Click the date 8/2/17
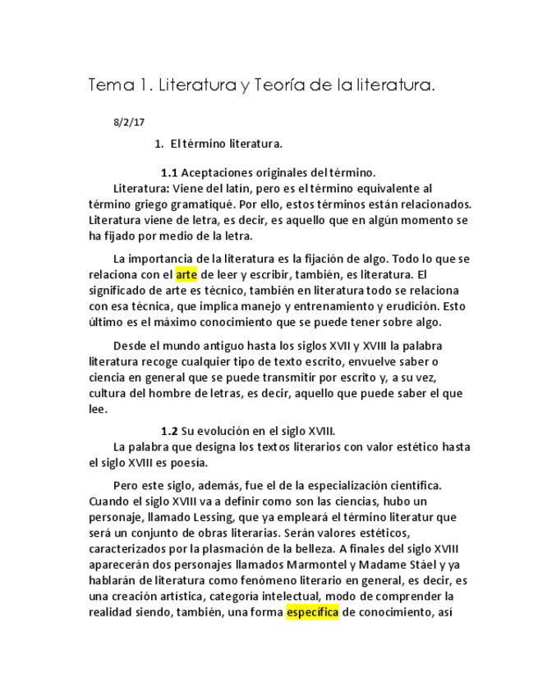[x=129, y=123]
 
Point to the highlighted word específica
[x=312, y=611]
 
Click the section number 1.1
[x=169, y=173]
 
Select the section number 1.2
[x=169, y=431]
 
